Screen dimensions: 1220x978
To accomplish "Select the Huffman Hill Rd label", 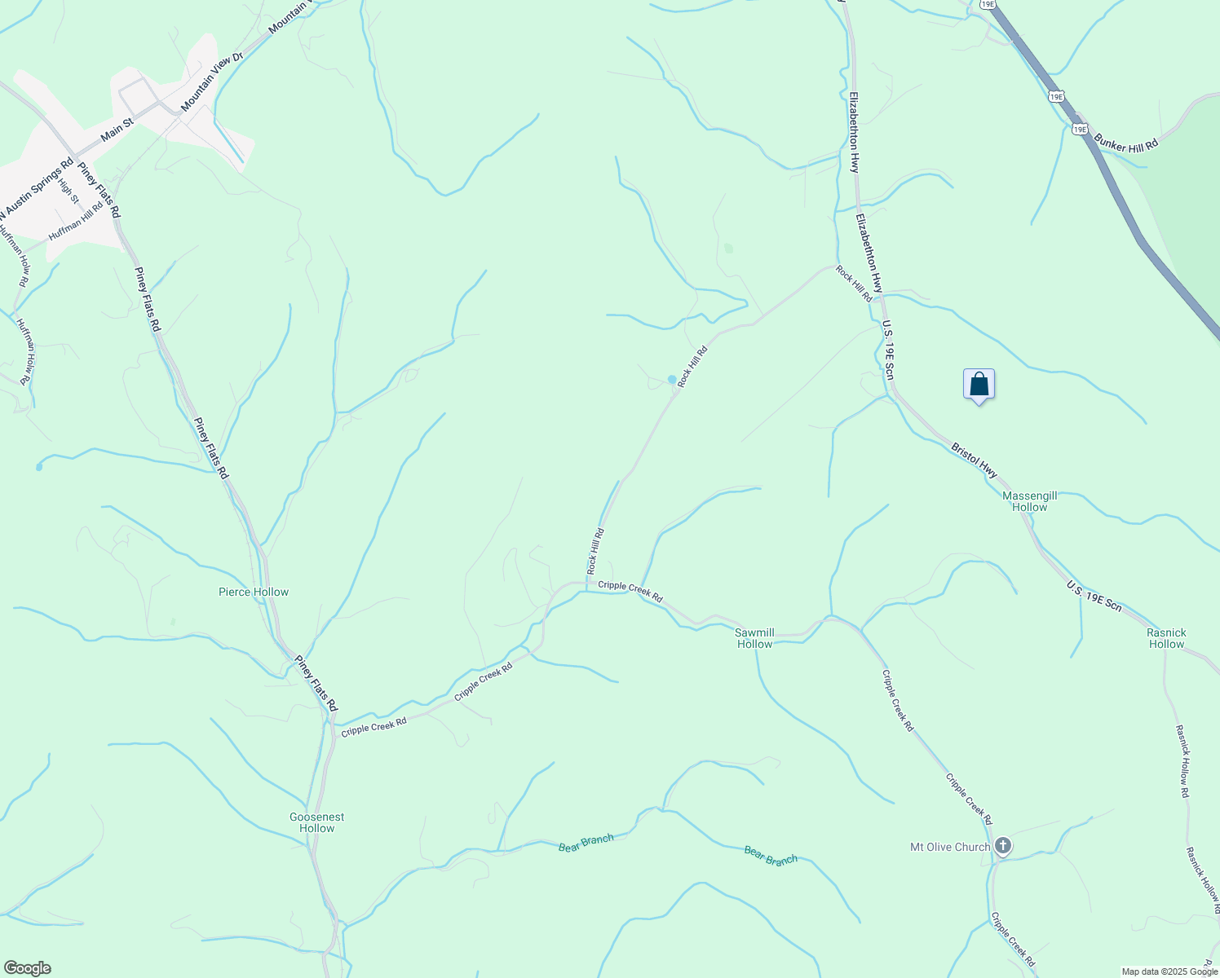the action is click(76, 220).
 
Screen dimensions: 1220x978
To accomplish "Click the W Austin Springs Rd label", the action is click(36, 187).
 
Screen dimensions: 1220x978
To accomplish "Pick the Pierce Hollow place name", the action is click(254, 593).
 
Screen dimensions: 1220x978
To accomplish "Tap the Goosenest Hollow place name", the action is click(316, 822).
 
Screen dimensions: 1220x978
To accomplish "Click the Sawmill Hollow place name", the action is click(754, 638).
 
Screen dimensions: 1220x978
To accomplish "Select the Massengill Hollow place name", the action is click(1029, 501).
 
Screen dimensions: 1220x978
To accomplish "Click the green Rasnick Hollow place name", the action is click(1166, 638).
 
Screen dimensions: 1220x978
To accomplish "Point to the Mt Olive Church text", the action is click(949, 847).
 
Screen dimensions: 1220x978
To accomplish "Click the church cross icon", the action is click(1003, 846).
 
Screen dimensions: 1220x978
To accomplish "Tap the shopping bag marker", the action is click(979, 384).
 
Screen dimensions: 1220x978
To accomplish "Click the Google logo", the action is click(27, 968).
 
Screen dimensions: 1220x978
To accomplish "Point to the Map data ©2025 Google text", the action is click(1169, 971).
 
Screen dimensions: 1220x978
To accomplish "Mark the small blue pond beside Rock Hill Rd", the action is click(672, 379).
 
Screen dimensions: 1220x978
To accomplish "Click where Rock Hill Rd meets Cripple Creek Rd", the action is click(587, 584).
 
